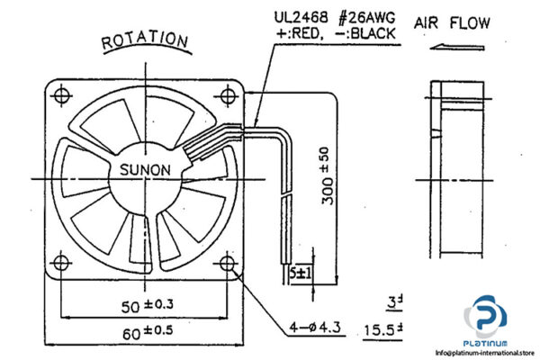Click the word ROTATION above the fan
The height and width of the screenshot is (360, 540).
[145, 41]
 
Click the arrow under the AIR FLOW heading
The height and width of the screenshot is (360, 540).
[449, 50]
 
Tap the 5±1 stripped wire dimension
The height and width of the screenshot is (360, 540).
[300, 272]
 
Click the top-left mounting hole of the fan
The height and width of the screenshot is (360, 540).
[61, 94]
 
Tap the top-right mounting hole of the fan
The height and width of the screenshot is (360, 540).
[225, 94]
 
